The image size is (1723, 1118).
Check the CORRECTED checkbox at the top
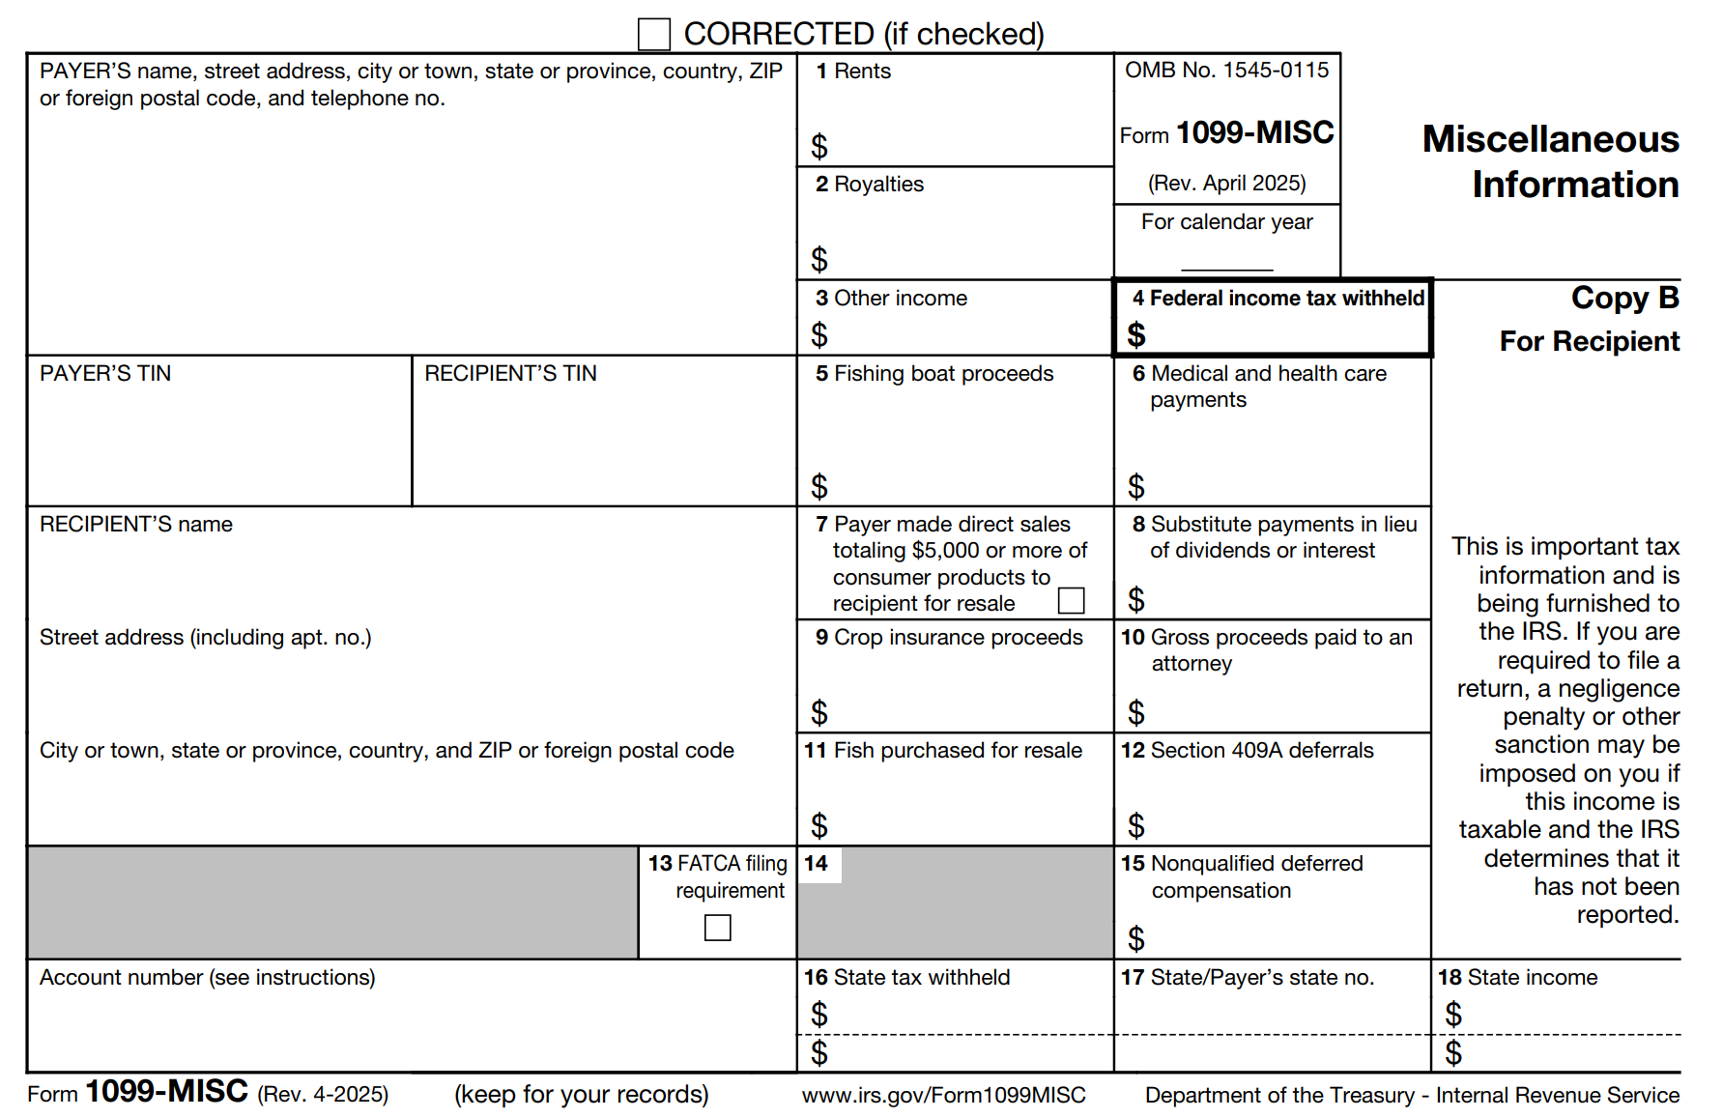click(654, 35)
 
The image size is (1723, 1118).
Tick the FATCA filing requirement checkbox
click(718, 928)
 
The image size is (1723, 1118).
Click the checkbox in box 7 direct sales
click(1071, 600)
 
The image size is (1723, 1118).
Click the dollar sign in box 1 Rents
click(819, 146)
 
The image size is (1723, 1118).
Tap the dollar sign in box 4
click(1136, 334)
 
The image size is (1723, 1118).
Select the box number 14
click(817, 864)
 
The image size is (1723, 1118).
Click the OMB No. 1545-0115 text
click(1226, 71)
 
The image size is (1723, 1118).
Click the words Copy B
click(1624, 298)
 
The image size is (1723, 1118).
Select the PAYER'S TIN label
click(105, 374)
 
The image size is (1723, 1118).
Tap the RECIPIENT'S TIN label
click(510, 374)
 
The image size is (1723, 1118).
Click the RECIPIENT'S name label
click(136, 525)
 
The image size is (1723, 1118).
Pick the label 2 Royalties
click(870, 185)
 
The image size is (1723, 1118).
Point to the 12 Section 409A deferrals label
click(1247, 751)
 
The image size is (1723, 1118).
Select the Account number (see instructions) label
click(207, 978)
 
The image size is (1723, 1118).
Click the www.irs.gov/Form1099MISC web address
click(943, 1095)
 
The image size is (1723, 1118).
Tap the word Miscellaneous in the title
click(1550, 140)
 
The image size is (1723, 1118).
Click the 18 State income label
click(1517, 978)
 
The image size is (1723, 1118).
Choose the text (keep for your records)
click(581, 1095)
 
